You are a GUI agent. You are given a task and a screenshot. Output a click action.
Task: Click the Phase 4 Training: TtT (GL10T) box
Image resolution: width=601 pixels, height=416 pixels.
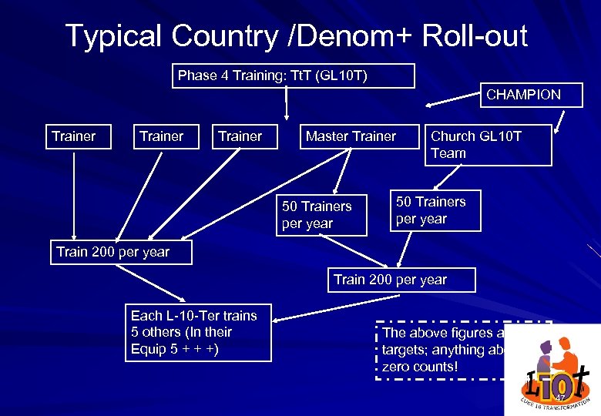click(x=293, y=75)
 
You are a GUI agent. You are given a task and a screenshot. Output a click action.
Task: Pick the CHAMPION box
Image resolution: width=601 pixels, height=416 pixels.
click(x=523, y=95)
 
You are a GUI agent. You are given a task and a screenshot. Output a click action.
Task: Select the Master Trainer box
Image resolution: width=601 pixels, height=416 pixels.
click(x=351, y=136)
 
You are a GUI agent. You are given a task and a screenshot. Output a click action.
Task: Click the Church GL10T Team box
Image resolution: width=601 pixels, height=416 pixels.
click(x=488, y=145)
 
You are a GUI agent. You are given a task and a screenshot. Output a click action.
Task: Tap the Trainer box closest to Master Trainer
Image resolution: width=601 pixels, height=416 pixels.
click(x=240, y=136)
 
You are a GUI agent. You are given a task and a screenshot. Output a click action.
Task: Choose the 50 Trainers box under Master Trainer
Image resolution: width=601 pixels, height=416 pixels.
click(x=317, y=215)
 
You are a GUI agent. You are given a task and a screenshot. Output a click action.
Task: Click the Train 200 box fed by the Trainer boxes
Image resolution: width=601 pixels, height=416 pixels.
click(x=113, y=252)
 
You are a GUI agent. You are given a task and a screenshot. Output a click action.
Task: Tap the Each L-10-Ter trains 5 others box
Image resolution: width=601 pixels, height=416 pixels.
click(x=198, y=333)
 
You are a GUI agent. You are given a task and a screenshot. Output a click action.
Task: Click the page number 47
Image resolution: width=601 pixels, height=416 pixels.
click(x=560, y=398)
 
